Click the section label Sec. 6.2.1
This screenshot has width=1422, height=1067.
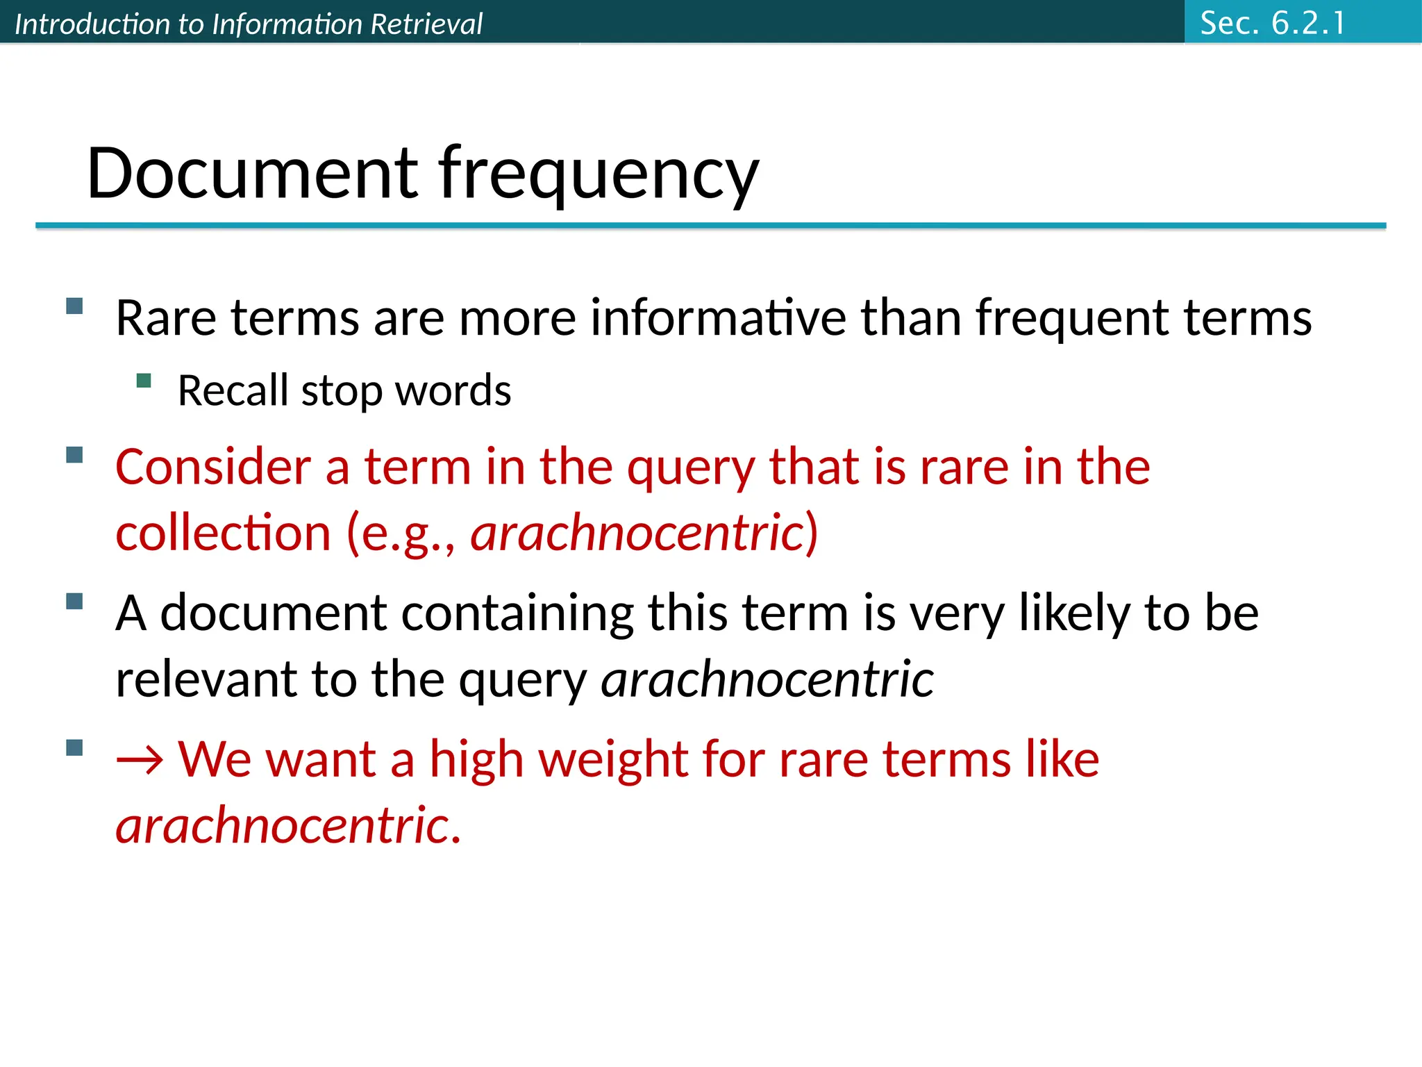pyautogui.click(x=1272, y=23)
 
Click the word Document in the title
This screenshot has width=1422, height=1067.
pyautogui.click(x=252, y=173)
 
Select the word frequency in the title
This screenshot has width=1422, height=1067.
pyautogui.click(x=599, y=174)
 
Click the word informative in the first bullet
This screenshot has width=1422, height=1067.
pyautogui.click(x=718, y=317)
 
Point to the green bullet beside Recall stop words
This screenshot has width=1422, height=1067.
pyautogui.click(x=144, y=380)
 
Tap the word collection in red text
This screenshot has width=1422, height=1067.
pyautogui.click(x=223, y=533)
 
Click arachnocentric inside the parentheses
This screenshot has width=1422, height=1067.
pyautogui.click(x=637, y=533)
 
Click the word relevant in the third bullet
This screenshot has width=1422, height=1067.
pyautogui.click(x=206, y=679)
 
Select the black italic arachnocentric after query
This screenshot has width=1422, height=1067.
pyautogui.click(x=767, y=679)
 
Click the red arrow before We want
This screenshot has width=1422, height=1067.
pyautogui.click(x=140, y=759)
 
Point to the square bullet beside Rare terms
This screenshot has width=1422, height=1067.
pyautogui.click(x=74, y=306)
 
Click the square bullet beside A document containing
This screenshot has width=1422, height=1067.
pyautogui.click(x=74, y=601)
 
